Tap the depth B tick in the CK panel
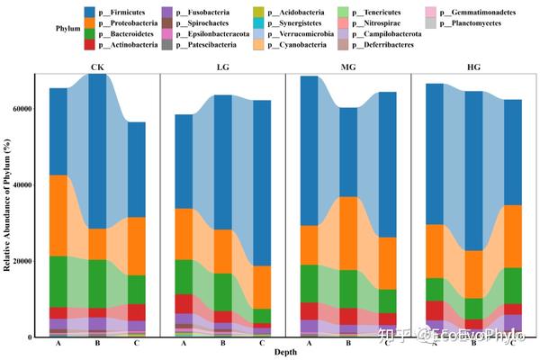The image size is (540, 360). (x=96, y=343)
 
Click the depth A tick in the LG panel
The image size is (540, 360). (x=184, y=343)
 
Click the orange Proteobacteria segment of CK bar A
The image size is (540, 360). (x=58, y=216)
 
